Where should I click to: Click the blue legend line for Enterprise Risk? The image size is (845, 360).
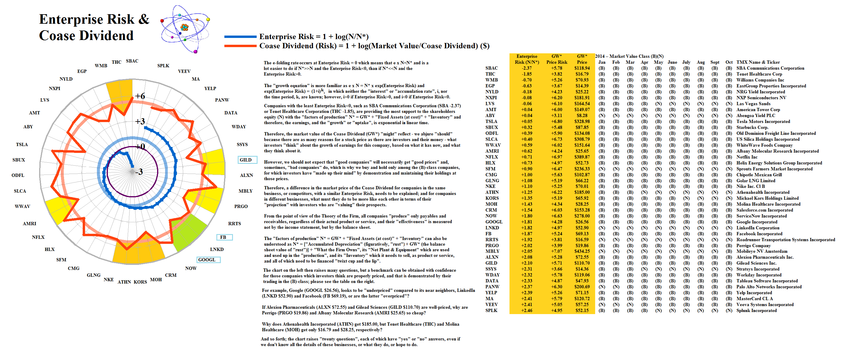click(240, 37)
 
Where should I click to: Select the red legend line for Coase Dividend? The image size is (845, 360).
click(240, 46)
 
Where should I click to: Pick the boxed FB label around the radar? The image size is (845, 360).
click(224, 237)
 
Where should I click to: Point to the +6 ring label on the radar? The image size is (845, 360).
click(140, 96)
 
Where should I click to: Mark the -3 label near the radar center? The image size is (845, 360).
click(139, 172)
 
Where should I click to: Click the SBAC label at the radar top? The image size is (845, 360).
click(132, 61)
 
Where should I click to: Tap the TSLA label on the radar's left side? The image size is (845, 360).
click(22, 145)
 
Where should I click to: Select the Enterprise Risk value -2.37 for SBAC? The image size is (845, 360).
click(526, 68)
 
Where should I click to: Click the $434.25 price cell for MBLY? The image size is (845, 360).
click(582, 252)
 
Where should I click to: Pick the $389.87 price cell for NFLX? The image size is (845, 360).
click(582, 157)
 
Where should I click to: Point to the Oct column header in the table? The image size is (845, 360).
click(729, 62)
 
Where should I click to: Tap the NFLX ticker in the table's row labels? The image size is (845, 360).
click(491, 157)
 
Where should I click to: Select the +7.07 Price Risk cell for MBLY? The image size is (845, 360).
click(556, 252)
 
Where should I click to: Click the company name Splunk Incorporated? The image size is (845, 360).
click(756, 311)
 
